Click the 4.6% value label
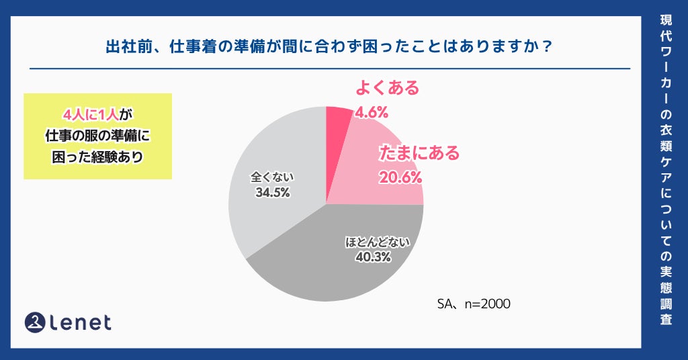pyautogui.click(x=372, y=112)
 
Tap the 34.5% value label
pyautogui.click(x=272, y=193)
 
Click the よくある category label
pyautogui.click(x=386, y=88)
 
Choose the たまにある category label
pyautogui.click(x=419, y=153)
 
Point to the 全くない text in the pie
pyautogui.click(x=272, y=178)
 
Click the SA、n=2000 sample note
pyautogui.click(x=474, y=304)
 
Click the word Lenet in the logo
pyautogui.click(x=81, y=323)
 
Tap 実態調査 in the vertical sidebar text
pyautogui.click(x=665, y=292)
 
